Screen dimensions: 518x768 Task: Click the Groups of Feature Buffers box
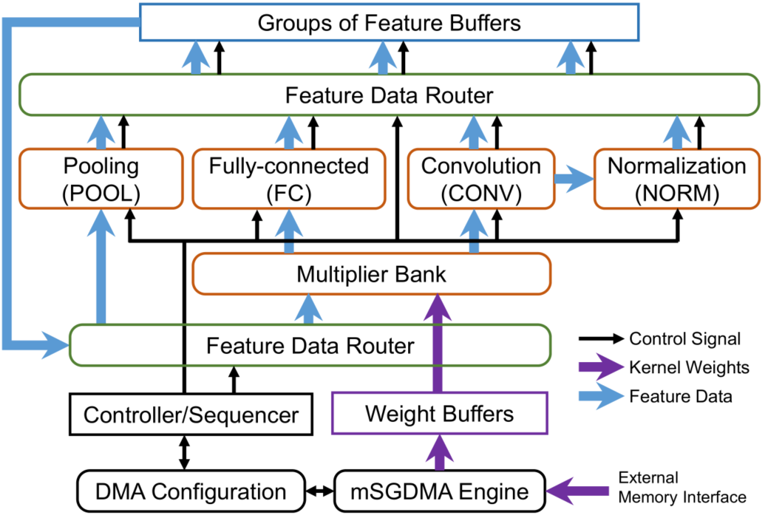pyautogui.click(x=389, y=23)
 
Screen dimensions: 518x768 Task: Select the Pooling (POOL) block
pyautogui.click(x=101, y=178)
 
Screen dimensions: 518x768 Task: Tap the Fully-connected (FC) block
pyautogui.click(x=288, y=178)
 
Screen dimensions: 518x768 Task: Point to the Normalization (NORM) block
pyautogui.click(x=676, y=178)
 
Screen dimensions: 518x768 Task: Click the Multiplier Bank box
pyautogui.click(x=371, y=274)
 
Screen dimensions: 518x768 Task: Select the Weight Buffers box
pyautogui.click(x=440, y=413)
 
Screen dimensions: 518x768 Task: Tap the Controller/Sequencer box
pyautogui.click(x=191, y=415)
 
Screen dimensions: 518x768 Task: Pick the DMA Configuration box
pyautogui.click(x=191, y=491)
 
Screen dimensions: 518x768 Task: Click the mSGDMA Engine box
pyautogui.click(x=441, y=491)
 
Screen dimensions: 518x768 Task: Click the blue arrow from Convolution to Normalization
pyautogui.click(x=572, y=178)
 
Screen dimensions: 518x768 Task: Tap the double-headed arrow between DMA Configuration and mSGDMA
pyautogui.click(x=319, y=491)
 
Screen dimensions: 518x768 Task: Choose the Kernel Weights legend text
pyautogui.click(x=679, y=367)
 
